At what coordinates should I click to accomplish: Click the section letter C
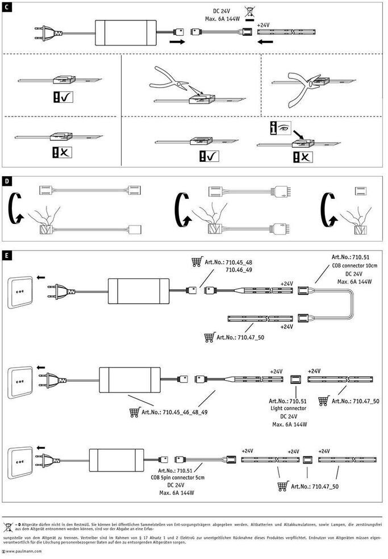click(x=7, y=6)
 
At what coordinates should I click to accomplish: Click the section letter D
click(x=7, y=182)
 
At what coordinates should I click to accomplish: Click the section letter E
click(x=7, y=255)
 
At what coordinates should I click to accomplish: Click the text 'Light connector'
click(x=290, y=408)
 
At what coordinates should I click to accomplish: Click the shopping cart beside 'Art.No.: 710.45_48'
click(x=197, y=262)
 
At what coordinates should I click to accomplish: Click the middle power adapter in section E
click(x=130, y=380)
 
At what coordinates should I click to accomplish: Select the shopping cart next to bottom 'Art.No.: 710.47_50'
click(x=282, y=486)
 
